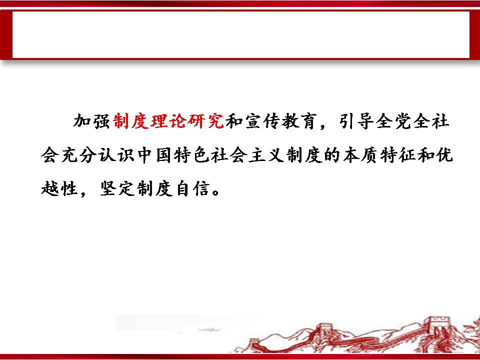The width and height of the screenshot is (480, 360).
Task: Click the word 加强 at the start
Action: (x=91, y=121)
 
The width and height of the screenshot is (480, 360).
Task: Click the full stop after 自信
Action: (x=216, y=192)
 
